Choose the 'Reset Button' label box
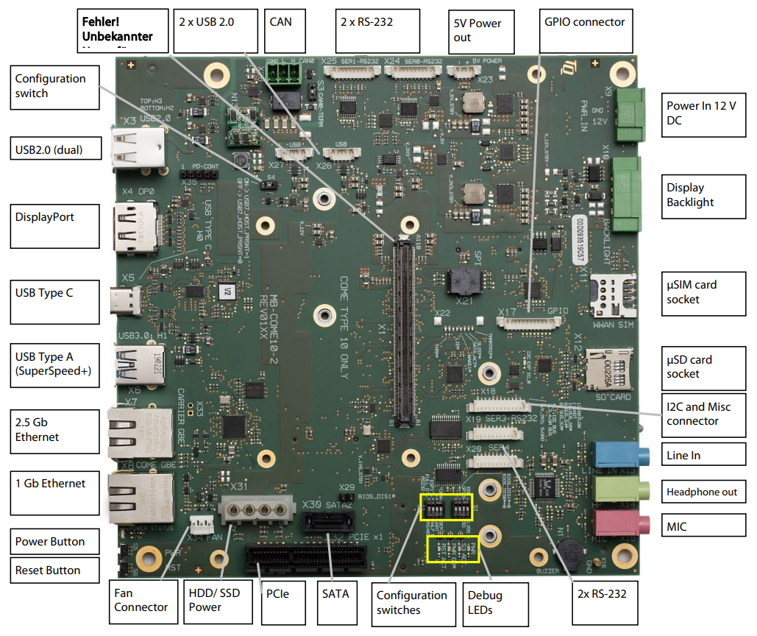tap(56, 570)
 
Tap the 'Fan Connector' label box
tap(141, 600)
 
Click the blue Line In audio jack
tap(618, 453)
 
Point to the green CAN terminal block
tap(283, 73)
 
